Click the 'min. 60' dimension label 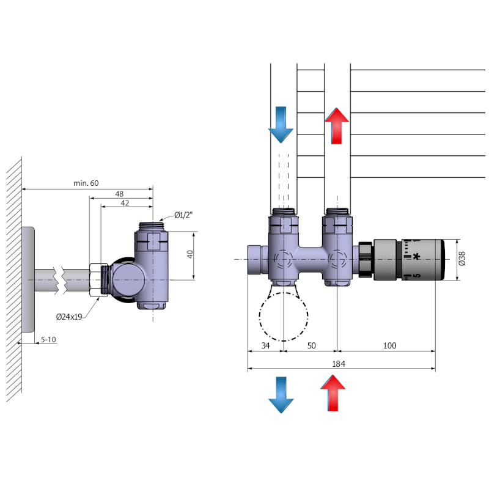(86, 183)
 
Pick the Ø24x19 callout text (70, 317)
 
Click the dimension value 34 (265, 346)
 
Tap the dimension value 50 (311, 346)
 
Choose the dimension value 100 (389, 346)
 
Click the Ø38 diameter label (461, 259)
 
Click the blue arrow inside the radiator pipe (281, 124)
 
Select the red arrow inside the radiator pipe (337, 125)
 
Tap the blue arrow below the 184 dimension (281, 394)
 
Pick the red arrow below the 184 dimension (333, 392)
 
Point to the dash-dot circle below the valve (284, 316)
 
